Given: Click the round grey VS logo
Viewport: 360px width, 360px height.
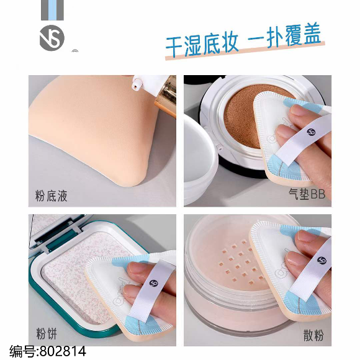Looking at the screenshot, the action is [x=52, y=38].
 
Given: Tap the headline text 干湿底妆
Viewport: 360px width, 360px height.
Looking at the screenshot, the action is [x=202, y=45].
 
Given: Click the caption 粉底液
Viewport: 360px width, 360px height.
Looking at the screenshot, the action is [x=51, y=196].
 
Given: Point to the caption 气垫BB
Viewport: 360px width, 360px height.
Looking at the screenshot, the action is [x=307, y=194].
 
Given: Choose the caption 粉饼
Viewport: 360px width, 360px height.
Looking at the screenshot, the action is [x=47, y=333].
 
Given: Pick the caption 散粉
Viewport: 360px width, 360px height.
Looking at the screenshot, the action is [x=313, y=335].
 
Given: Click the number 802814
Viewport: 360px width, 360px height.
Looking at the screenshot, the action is [x=63, y=351].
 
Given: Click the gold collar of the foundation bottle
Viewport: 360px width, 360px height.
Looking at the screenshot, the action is [x=166, y=96].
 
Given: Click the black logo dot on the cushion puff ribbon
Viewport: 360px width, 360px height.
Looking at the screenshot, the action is [x=311, y=132].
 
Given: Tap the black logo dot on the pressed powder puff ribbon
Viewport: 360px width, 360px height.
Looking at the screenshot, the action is [x=153, y=283].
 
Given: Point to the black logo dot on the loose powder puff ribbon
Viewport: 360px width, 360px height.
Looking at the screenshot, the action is [x=322, y=261].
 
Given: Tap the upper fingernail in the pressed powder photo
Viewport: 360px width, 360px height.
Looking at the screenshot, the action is [x=136, y=268].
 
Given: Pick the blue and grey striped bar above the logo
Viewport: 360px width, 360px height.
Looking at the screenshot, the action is [x=52, y=10].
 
